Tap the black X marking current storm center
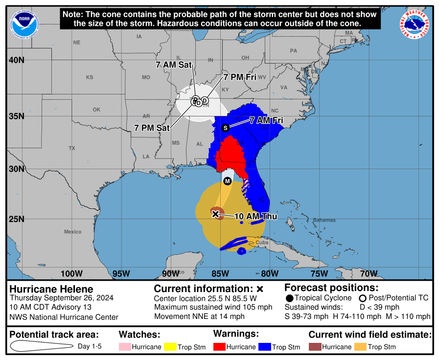tap(215, 214)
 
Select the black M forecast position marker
tap(227, 181)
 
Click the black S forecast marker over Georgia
tap(226, 128)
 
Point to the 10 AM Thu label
tap(255, 216)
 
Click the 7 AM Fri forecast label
tap(266, 120)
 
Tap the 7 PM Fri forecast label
tap(240, 77)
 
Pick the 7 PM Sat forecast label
tap(152, 128)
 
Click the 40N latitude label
tap(16, 60)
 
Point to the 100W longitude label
tap(71, 273)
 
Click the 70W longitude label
tap(369, 273)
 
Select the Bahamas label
tap(324, 220)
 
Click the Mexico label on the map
tap(72, 231)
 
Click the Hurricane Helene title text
tap(51, 289)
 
